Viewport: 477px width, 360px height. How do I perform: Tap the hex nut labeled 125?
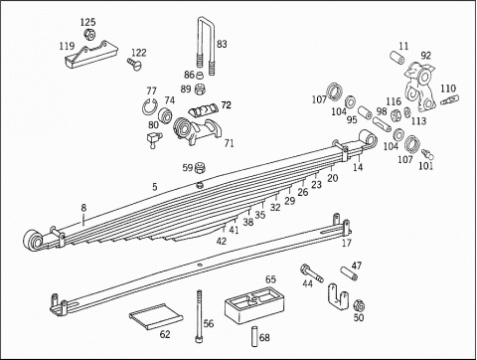88,34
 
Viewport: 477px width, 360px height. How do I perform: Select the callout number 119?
67,46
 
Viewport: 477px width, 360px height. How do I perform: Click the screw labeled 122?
134,64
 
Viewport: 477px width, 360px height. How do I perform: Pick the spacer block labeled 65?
254,306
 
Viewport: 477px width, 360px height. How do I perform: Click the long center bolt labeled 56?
199,316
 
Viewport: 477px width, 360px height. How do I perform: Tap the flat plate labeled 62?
156,315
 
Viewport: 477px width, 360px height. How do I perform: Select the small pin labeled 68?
254,337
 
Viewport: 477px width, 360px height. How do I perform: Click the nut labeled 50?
359,305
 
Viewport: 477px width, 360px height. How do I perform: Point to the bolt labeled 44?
311,273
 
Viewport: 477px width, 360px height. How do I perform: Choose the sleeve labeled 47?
349,273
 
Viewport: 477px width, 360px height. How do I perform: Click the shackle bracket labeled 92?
419,87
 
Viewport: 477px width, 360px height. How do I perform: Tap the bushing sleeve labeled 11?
397,57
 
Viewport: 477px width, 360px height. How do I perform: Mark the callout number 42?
222,241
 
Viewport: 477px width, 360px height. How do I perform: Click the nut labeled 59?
200,167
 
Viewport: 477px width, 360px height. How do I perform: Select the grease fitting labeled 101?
427,153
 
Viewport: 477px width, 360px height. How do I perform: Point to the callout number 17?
347,243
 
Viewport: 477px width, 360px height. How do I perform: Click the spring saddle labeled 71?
197,130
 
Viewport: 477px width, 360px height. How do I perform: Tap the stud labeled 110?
449,99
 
